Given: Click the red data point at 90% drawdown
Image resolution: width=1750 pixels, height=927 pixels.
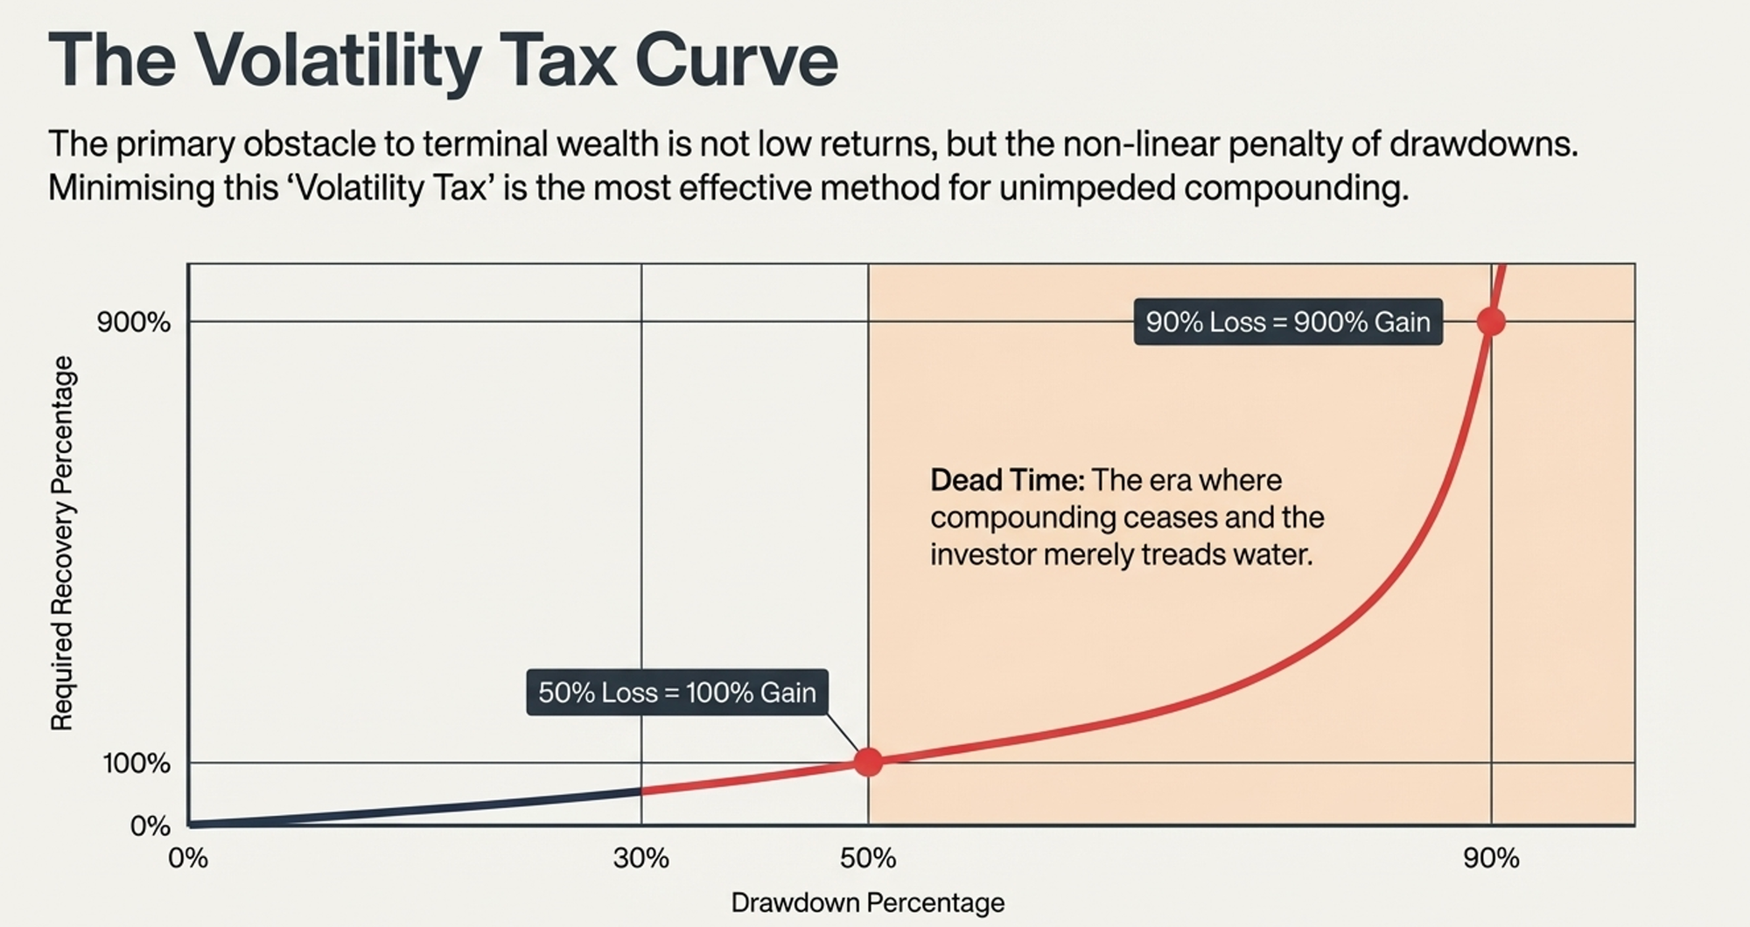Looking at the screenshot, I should (1491, 322).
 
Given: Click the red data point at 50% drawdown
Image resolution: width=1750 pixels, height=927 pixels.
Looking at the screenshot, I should (868, 762).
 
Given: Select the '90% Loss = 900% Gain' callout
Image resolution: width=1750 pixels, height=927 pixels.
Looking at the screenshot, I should (1287, 322).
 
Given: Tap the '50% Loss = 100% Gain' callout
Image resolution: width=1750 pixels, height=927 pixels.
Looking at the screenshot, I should (676, 693).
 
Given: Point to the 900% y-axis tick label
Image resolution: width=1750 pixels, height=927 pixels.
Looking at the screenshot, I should (134, 323).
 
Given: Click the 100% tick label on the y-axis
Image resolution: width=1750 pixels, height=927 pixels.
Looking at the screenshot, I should (136, 763).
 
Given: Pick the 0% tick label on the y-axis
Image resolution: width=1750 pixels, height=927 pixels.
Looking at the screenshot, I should (150, 826).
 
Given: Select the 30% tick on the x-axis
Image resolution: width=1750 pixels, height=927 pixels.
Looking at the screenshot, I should (640, 859).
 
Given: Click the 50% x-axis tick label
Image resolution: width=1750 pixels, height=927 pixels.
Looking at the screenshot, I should (868, 859).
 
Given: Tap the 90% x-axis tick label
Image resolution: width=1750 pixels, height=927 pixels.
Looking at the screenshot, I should (1491, 859).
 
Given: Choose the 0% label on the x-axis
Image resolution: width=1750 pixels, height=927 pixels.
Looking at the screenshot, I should (188, 859).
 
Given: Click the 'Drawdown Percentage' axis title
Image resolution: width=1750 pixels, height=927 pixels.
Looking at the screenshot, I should (867, 903).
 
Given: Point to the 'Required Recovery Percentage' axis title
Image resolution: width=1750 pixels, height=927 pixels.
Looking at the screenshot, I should (62, 543).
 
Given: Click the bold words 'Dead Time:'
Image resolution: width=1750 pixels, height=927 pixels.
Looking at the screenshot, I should (1007, 480).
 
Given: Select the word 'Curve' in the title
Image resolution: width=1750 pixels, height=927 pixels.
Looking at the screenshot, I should (736, 59).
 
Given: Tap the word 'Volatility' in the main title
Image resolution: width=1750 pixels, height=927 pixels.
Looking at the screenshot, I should (338, 59).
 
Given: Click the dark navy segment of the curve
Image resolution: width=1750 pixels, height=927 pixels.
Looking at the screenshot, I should (420, 809).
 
